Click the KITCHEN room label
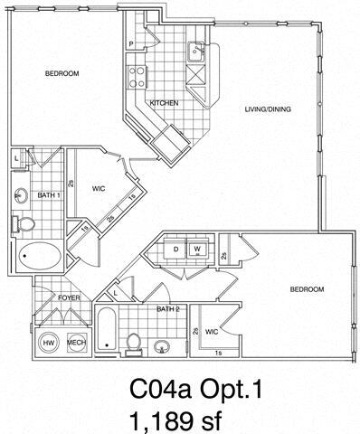point(162,103)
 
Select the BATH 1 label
point(48,193)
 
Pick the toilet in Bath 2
point(133,342)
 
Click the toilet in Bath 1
point(27,222)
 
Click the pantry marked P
point(132,43)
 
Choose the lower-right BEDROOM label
point(307,291)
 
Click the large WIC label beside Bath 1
point(100,189)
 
